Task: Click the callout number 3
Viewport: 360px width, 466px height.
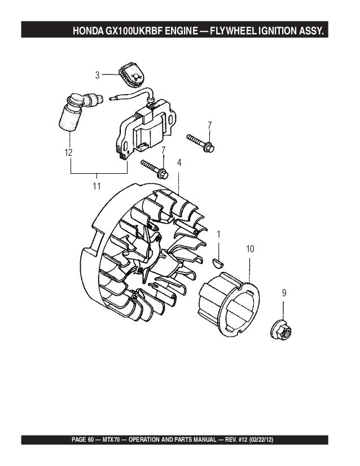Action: click(97, 74)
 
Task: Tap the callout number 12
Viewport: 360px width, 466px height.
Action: click(68, 152)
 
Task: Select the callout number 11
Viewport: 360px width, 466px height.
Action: click(96, 186)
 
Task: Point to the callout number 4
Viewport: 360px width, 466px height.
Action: click(179, 162)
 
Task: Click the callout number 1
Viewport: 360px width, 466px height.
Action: click(218, 234)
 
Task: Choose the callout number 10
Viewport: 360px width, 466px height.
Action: click(250, 249)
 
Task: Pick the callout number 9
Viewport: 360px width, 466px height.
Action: click(284, 293)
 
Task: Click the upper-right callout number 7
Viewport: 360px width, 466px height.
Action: click(209, 124)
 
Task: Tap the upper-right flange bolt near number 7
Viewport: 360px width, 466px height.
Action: click(201, 143)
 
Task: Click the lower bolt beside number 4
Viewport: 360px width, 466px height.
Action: click(155, 169)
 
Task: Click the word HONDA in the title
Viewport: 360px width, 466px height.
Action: click(88, 30)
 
